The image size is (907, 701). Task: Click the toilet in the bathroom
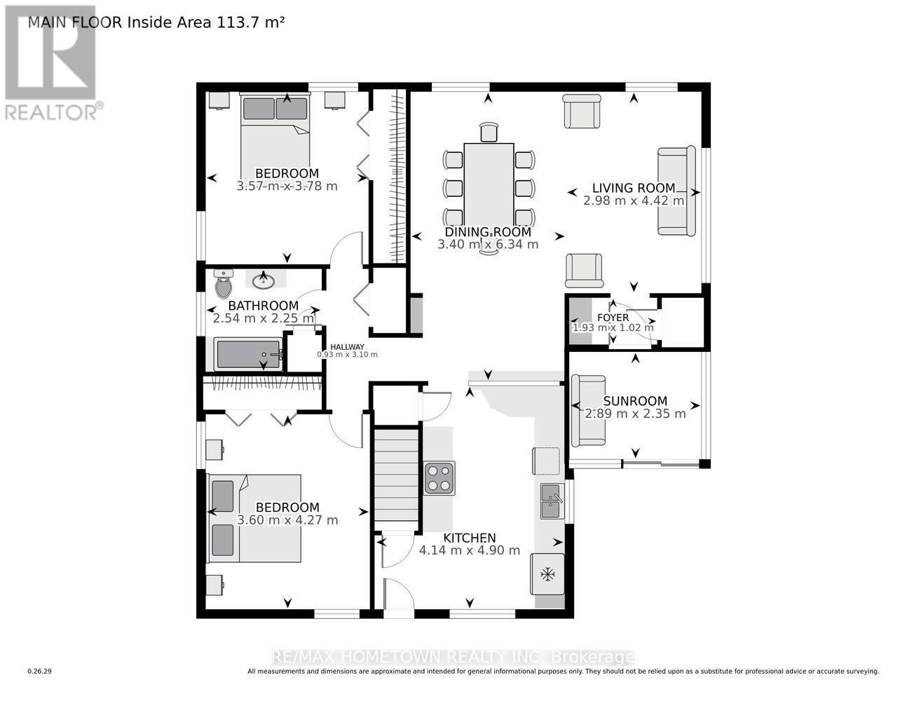coord(223,285)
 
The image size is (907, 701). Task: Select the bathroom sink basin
coord(264,281)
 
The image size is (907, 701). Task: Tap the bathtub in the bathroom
coord(249,355)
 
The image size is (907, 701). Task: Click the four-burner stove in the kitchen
coord(439,478)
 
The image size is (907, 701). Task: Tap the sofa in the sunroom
coord(588,411)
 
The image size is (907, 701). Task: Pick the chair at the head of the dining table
coord(489,132)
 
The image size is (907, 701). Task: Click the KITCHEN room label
coord(469,538)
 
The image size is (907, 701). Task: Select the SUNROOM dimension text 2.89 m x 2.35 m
coord(635,414)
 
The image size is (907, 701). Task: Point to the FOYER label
coord(613,318)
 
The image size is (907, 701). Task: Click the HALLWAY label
coord(347,346)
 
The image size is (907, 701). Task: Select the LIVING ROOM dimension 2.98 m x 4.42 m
coord(634,200)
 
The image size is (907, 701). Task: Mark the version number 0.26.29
coord(40,672)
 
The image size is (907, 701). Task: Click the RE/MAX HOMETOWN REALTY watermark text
coord(453,658)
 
